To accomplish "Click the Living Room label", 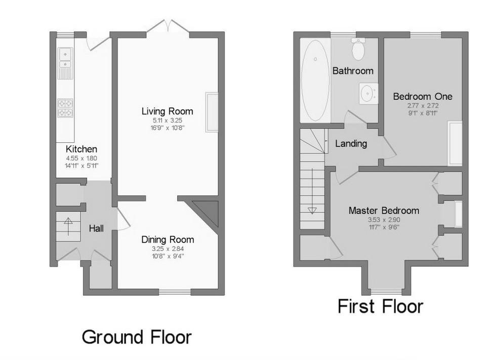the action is coord(167,111).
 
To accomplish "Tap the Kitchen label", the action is coord(81,149).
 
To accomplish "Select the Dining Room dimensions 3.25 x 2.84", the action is coord(168,249).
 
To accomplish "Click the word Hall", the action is coord(96,228).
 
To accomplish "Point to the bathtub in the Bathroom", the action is coord(315,81).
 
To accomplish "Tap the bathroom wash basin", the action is coord(369,93).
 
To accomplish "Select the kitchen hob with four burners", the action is coord(65,108).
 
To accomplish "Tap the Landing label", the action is coord(351,144).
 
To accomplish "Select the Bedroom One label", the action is coord(423,97).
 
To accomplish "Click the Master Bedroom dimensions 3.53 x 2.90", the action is coord(384,220).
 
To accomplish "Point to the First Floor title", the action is coord(380,306).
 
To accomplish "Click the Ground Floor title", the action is coord(137,337).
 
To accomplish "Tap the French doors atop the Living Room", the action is coord(168,26).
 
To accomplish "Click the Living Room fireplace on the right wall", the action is coord(212,112).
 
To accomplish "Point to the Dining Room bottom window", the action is coord(175,292).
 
